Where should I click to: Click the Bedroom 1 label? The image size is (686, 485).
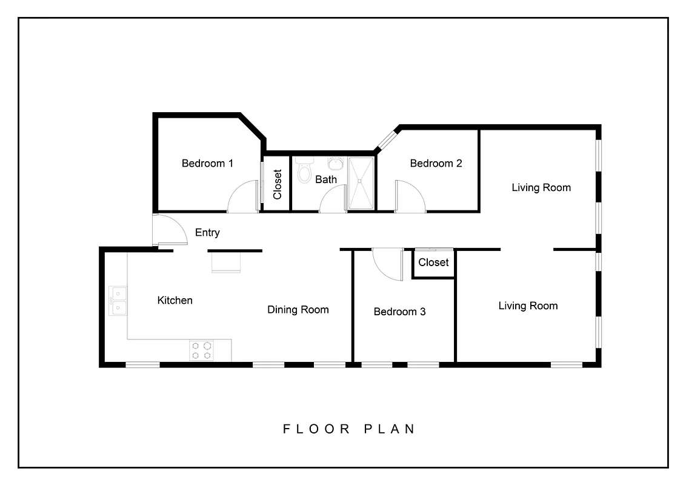click(x=207, y=163)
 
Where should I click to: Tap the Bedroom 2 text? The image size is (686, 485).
click(x=436, y=163)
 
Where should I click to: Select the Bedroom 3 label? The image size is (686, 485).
click(x=399, y=312)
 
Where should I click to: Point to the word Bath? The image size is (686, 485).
click(x=325, y=179)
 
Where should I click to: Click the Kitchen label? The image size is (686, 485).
click(x=175, y=300)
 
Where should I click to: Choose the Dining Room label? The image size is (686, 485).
click(x=298, y=310)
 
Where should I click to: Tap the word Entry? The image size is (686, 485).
click(x=207, y=232)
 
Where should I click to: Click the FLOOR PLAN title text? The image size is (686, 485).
click(x=350, y=429)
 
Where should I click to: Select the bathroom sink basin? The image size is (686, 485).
click(x=335, y=163)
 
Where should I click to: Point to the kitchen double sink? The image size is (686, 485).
click(x=118, y=301)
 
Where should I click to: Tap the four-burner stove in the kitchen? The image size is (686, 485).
click(x=202, y=350)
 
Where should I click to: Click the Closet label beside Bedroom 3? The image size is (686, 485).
click(x=433, y=263)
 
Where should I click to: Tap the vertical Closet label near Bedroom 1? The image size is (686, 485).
click(x=278, y=184)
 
